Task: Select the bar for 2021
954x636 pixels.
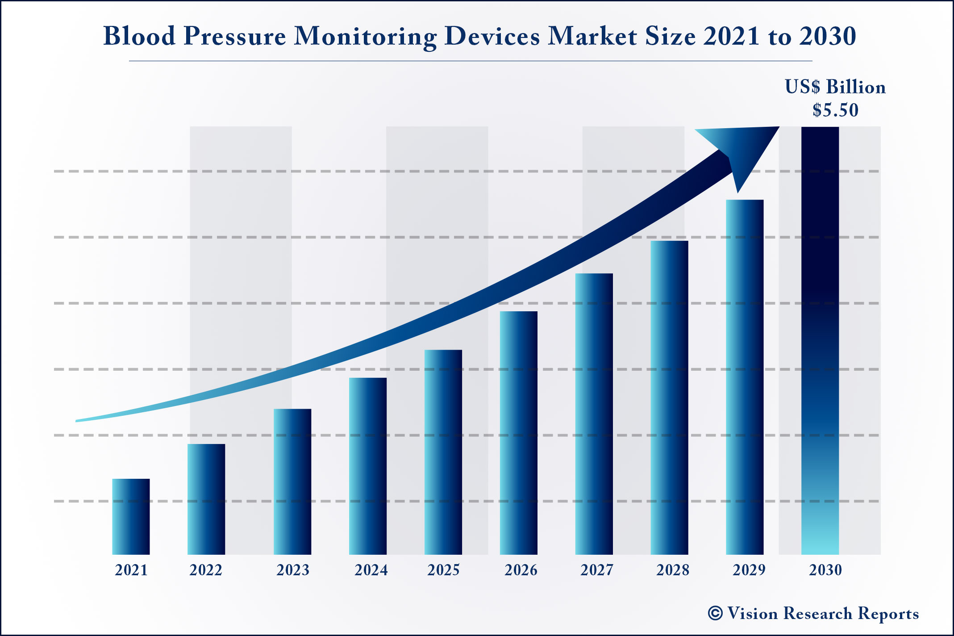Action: (131, 517)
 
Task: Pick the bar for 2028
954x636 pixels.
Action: (669, 397)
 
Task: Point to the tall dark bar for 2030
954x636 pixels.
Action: (820, 339)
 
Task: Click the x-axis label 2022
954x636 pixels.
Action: (206, 570)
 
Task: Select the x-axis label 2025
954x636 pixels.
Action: (443, 570)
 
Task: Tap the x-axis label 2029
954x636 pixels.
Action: (749, 570)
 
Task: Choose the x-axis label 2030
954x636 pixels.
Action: (825, 570)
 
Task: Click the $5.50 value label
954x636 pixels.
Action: (835, 110)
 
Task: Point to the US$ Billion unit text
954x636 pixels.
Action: (835, 87)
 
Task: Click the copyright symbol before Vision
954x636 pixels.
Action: (715, 613)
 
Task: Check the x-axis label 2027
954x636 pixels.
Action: (597, 570)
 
